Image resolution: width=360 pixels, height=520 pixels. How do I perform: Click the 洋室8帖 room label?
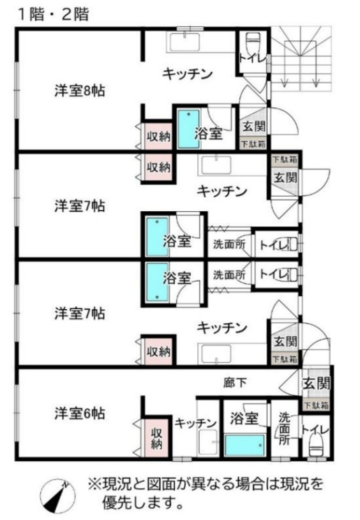click(x=80, y=90)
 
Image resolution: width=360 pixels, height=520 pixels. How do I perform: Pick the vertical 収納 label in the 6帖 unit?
click(x=157, y=437)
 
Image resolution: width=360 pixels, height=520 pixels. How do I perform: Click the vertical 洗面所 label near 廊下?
click(x=284, y=427)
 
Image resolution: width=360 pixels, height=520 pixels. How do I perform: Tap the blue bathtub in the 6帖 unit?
click(x=244, y=446)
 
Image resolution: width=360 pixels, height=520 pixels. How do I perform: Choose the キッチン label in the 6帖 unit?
click(x=192, y=423)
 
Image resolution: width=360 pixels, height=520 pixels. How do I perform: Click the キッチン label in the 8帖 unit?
click(x=188, y=73)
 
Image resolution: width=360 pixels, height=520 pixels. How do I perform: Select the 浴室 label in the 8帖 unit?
click(x=208, y=133)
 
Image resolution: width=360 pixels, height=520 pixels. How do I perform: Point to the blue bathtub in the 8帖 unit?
click(x=189, y=130)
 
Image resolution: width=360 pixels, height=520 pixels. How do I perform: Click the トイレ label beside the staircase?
click(x=253, y=57)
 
